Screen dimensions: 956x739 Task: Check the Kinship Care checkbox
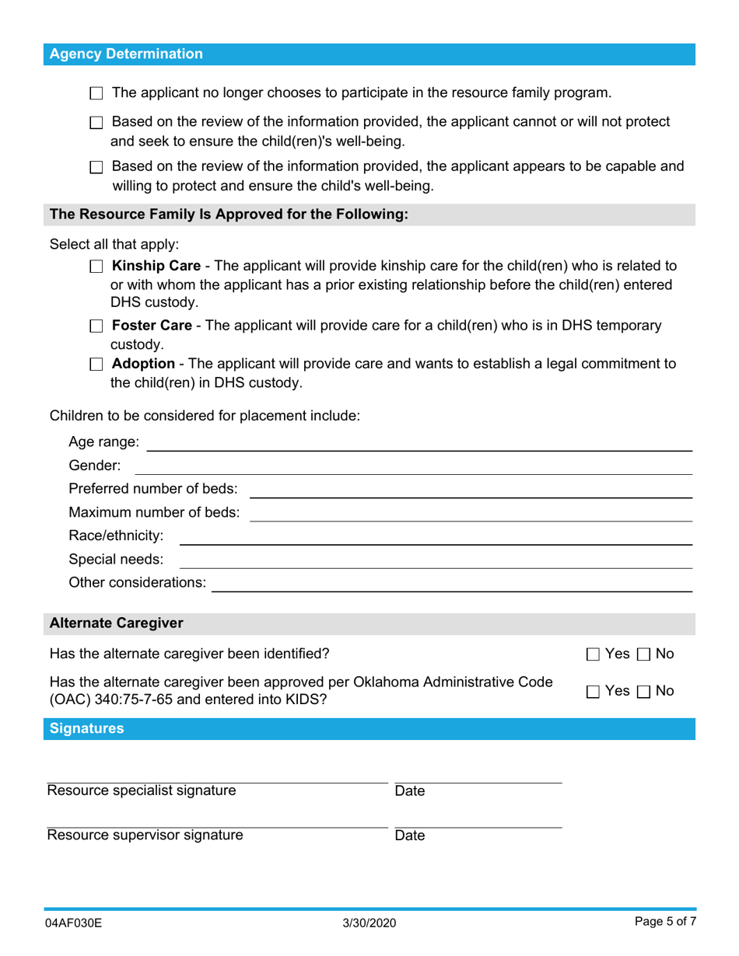(96, 267)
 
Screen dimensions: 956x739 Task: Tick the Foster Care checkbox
(96, 326)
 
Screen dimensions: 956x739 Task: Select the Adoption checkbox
(96, 365)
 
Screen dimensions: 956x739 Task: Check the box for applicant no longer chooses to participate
(96, 94)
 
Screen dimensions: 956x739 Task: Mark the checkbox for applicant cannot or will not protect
(96, 124)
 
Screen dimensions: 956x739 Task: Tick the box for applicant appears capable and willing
(96, 168)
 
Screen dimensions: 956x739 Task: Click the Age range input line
(419, 443)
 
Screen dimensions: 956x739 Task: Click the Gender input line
(413, 466)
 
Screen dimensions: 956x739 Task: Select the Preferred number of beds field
(470, 490)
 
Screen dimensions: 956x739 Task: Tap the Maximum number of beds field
(470, 513)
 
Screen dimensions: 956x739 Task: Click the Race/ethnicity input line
(436, 536)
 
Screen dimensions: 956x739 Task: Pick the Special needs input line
(436, 560)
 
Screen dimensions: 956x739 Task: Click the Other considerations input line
(452, 583)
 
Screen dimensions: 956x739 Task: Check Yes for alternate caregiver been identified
(593, 655)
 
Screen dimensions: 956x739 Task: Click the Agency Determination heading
(126, 54)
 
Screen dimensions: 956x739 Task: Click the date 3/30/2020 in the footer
(369, 923)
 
